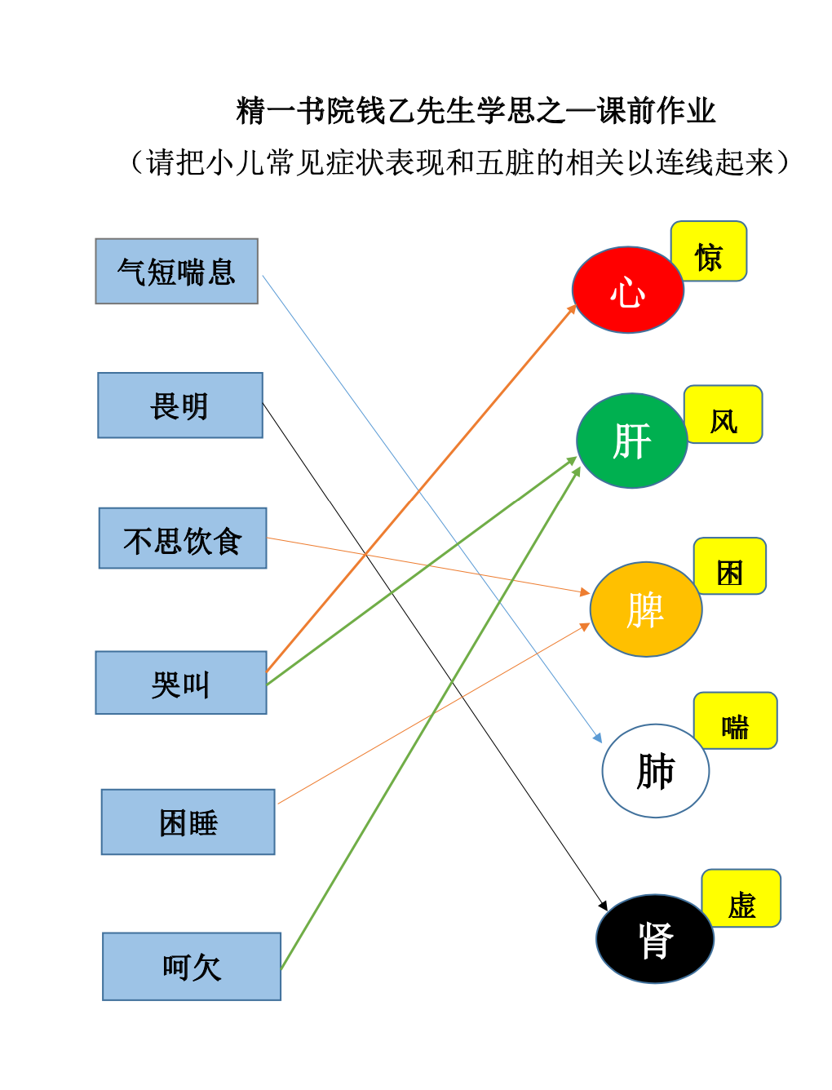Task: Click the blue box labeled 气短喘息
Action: (x=177, y=271)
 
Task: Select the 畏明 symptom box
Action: (x=180, y=405)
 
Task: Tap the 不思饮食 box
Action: (x=183, y=538)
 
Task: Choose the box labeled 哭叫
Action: (x=181, y=682)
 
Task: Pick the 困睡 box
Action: (x=188, y=822)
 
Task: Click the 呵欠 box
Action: (x=192, y=966)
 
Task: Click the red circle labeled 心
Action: (x=628, y=290)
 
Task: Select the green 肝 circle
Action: (x=632, y=441)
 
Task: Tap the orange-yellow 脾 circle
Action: (x=646, y=609)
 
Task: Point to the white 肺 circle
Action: (x=655, y=771)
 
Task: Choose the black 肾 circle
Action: (x=655, y=938)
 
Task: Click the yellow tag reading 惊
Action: (x=709, y=251)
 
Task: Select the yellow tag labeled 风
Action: (x=724, y=414)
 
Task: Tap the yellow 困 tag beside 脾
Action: (x=730, y=565)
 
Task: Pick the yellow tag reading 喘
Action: (x=735, y=720)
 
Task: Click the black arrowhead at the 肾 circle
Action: (x=603, y=906)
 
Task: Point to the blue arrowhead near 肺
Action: (x=598, y=738)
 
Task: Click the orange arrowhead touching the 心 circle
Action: (x=572, y=309)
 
